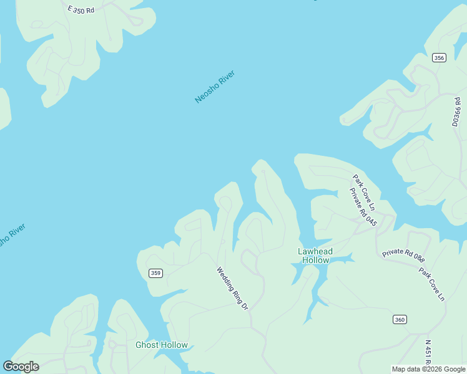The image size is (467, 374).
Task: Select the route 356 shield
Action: pos(439,58)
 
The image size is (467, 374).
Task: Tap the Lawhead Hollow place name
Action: pos(315,256)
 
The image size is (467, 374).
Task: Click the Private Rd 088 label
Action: pos(403,256)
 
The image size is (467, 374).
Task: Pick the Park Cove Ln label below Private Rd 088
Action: pos(432,284)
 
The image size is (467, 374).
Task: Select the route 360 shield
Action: pos(400,320)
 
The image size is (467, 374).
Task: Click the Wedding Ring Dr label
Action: pos(232,289)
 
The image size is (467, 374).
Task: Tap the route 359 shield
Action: pos(156,273)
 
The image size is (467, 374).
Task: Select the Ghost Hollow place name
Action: pos(161,345)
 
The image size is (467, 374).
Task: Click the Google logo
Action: pos(21,366)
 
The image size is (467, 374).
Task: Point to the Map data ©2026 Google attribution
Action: pos(428,369)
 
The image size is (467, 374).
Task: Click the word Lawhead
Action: pos(315,251)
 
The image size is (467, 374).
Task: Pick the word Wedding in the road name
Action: pos(226,279)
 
